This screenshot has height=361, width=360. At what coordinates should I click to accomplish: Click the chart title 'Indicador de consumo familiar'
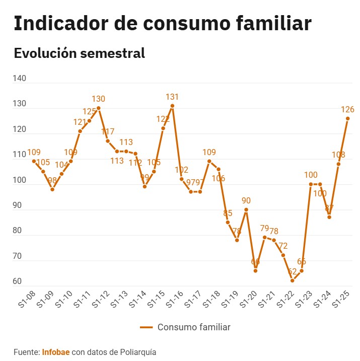click(162, 24)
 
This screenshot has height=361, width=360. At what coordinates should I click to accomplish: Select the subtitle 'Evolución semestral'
click(80, 53)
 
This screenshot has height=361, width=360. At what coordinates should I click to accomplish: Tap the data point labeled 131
click(172, 106)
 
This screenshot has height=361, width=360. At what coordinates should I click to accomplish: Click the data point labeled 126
click(347, 118)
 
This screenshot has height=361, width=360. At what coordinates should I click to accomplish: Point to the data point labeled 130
click(98, 108)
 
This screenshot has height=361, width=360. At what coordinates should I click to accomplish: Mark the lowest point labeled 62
click(292, 280)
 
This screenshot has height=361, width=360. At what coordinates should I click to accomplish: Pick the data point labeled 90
click(246, 209)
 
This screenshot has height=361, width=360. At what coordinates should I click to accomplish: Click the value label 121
click(80, 122)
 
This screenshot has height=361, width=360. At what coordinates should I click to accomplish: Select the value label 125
click(89, 112)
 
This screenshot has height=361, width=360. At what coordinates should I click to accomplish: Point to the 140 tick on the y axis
click(20, 79)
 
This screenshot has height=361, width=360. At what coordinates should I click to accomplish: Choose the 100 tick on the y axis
click(20, 180)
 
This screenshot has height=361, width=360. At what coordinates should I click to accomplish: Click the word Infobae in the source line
click(56, 352)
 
